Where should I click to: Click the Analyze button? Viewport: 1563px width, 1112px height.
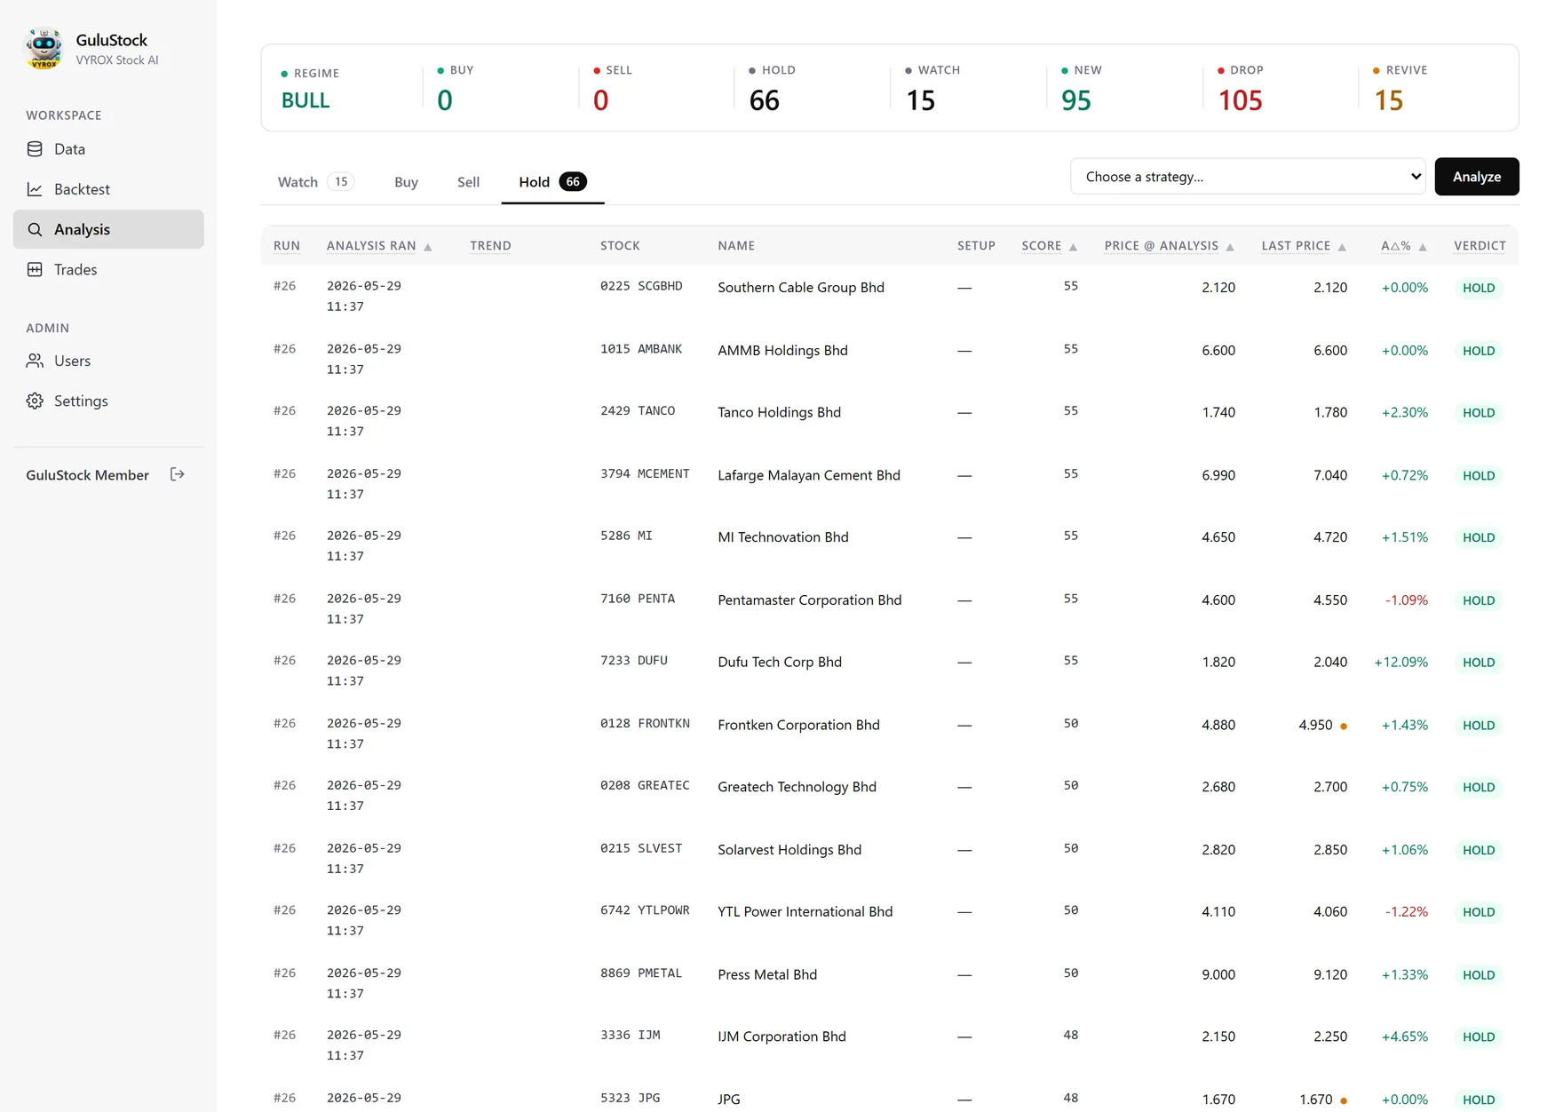pos(1476,177)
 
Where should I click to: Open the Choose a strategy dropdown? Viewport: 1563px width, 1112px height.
pos(1247,177)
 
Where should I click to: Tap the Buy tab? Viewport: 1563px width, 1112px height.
pos(406,182)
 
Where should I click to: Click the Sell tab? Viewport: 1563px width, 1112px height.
pos(468,182)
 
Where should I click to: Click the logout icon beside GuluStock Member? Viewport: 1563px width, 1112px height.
pos(178,474)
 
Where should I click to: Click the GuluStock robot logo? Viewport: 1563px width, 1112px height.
pos(44,48)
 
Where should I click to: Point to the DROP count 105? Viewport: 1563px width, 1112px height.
pos(1240,100)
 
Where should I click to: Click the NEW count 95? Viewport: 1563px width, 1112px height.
pos(1076,100)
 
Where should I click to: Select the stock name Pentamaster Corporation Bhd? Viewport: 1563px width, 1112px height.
pos(809,600)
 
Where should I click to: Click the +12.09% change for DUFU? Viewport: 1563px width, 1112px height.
pos(1400,663)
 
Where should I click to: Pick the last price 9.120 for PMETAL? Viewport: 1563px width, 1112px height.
pos(1330,975)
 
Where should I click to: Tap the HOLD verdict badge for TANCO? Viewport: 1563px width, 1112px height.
pos(1479,413)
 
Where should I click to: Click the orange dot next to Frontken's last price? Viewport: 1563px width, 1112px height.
pos(1344,727)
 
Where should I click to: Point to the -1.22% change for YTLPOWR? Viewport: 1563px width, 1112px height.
pos(1407,912)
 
